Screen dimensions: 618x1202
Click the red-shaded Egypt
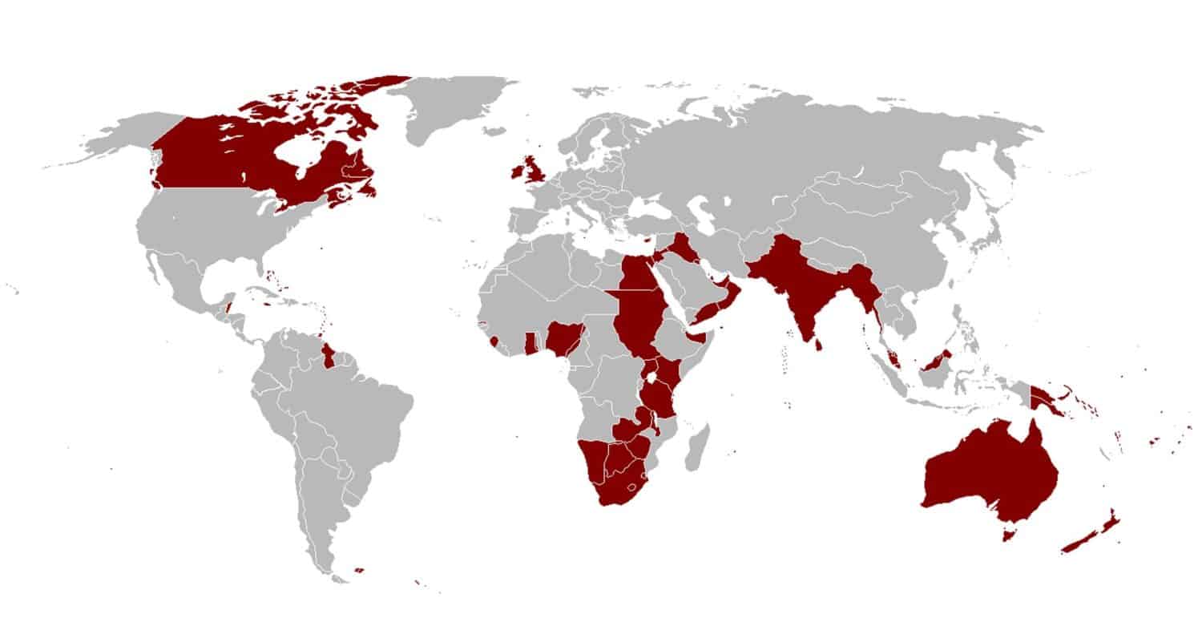coord(637,277)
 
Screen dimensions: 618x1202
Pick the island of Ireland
coord(517,173)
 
